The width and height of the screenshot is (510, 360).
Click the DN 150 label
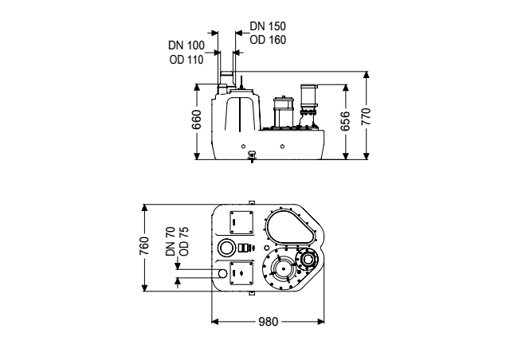268,26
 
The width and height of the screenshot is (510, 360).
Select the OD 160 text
268,40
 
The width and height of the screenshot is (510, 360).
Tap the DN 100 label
186,45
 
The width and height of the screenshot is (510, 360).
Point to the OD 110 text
186,60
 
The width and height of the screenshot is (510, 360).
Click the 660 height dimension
197,119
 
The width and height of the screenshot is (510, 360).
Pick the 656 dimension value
345,121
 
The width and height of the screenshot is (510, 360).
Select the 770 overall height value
367,116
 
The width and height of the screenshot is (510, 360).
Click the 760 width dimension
144,246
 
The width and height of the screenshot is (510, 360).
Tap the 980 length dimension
269,322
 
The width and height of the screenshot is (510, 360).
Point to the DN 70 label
171,241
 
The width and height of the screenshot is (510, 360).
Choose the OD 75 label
184,241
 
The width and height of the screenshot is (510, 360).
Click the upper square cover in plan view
241,222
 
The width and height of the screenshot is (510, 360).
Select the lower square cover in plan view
241,273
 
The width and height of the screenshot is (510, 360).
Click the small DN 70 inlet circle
222,273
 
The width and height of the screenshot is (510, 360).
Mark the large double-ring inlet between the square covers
226,248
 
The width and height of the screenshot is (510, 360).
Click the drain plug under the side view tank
252,156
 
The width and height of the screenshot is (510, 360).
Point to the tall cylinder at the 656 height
308,97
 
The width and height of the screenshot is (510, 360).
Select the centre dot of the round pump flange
284,268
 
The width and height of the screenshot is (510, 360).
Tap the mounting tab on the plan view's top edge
251,202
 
